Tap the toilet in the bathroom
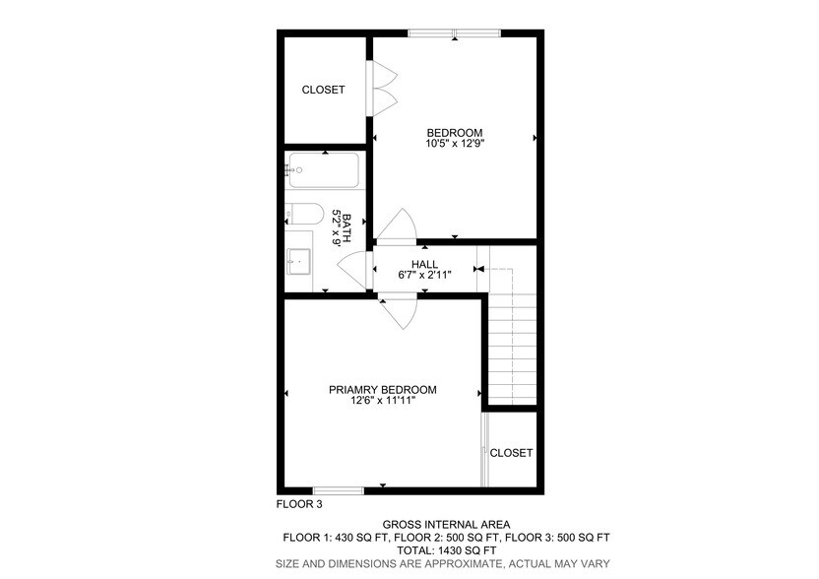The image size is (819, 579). click(x=304, y=215)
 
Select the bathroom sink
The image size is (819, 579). click(x=298, y=261)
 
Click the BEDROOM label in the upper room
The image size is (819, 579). click(x=454, y=133)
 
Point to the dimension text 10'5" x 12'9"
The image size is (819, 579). click(x=454, y=144)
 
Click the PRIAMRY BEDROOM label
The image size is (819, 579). click(x=382, y=390)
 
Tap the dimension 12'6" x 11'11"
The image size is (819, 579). click(x=382, y=401)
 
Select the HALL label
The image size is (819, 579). click(x=424, y=264)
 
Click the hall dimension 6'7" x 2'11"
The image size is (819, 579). click(x=424, y=275)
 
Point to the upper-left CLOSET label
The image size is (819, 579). click(x=323, y=90)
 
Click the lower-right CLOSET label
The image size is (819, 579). click(x=511, y=453)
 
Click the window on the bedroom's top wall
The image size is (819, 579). click(x=454, y=33)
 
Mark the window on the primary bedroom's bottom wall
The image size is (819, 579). click(x=338, y=489)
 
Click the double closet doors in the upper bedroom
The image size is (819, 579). click(x=383, y=86)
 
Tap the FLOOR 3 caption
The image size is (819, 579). click(x=298, y=505)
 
